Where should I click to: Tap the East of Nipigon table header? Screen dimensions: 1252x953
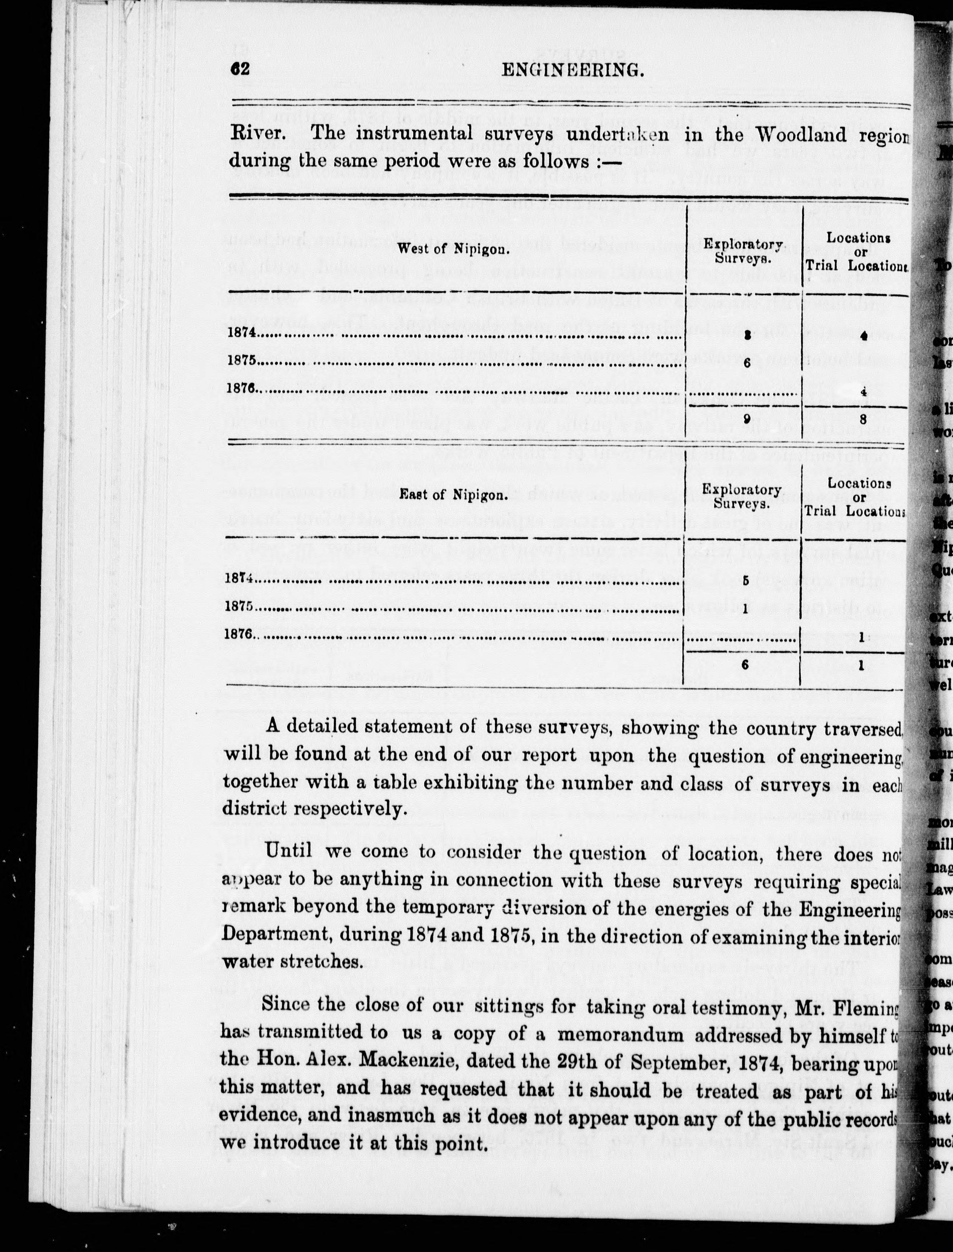pyautogui.click(x=452, y=495)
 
